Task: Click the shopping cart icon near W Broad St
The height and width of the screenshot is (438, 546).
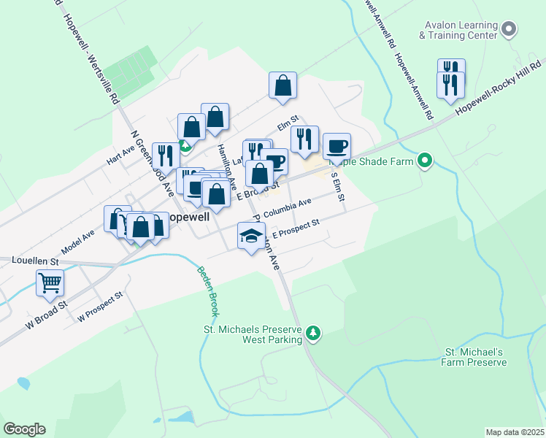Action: (50, 282)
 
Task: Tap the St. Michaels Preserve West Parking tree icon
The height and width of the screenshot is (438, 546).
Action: (313, 333)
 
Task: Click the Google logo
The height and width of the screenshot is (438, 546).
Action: (24, 429)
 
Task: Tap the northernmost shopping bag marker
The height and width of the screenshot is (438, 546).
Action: (282, 85)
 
